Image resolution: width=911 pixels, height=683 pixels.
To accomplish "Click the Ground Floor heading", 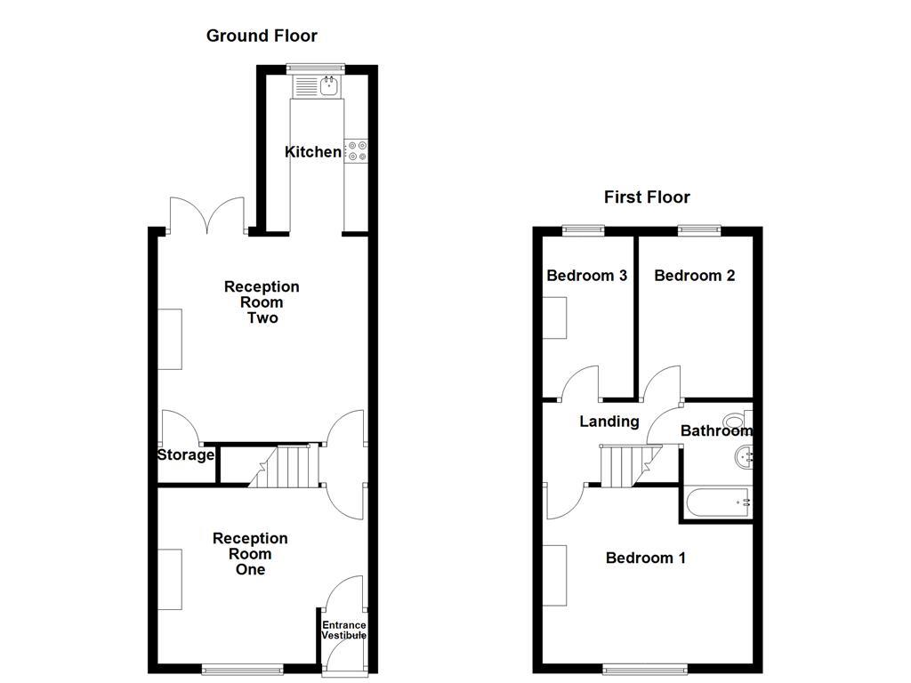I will tap(262, 36).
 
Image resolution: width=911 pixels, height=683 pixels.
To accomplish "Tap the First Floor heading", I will tap(647, 197).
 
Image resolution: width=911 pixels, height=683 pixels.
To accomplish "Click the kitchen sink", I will tap(317, 86).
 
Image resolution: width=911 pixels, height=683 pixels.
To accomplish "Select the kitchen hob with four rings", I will tap(356, 151).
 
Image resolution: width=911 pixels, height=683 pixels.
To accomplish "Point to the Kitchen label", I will tap(312, 152).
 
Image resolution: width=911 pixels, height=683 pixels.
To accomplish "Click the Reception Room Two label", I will tap(262, 302).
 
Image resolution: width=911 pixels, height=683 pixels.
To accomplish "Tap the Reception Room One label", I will tap(250, 554).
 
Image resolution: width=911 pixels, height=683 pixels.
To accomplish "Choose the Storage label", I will tap(186, 455).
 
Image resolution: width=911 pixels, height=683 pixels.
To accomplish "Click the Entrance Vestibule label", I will tap(343, 631).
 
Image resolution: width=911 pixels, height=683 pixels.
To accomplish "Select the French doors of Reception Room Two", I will tap(206, 215).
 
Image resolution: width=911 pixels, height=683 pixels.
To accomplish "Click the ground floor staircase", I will tap(285, 466).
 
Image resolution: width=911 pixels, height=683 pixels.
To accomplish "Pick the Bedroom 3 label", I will tap(586, 276).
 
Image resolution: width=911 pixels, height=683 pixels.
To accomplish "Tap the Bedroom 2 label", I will tap(694, 276).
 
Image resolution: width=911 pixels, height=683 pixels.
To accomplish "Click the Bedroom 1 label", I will tap(645, 558).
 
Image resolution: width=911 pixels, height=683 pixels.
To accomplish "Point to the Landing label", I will tap(609, 422).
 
